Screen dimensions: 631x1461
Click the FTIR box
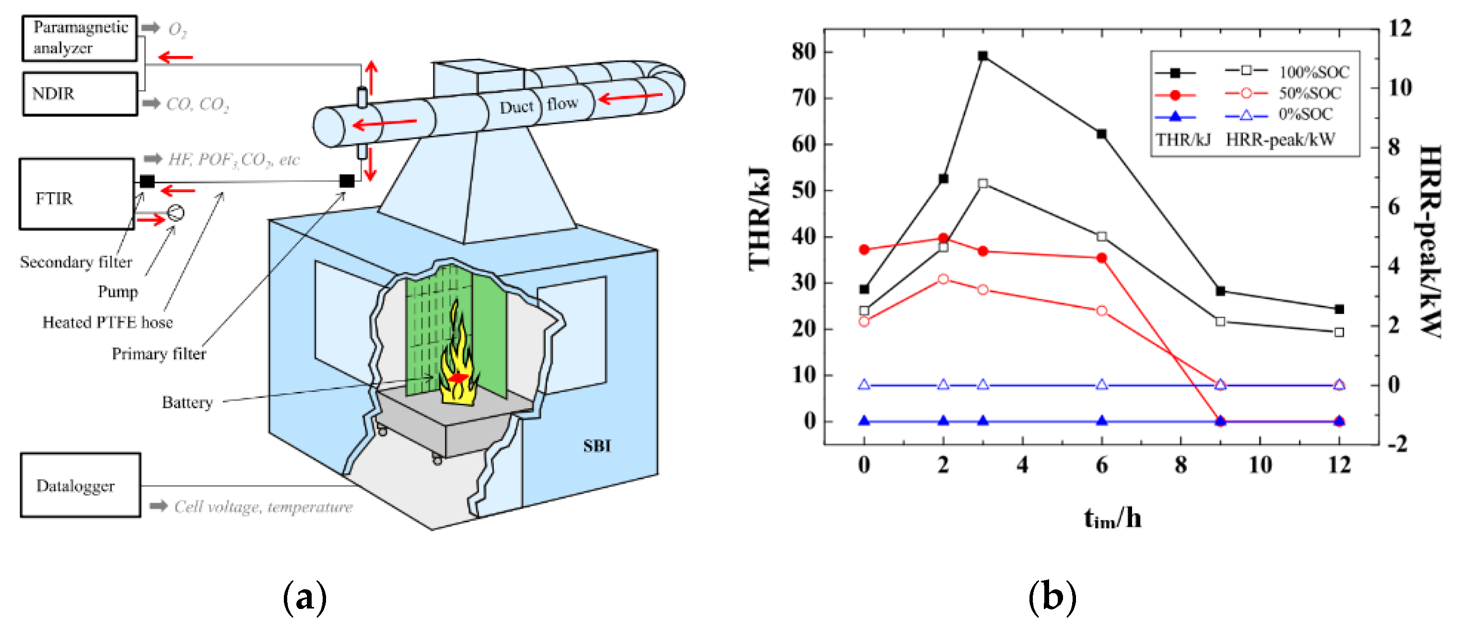(x=77, y=195)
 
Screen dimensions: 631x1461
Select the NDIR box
(x=80, y=93)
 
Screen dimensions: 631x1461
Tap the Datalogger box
(x=80, y=485)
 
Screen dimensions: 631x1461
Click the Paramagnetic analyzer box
(x=80, y=38)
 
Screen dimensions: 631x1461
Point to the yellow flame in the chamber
(x=457, y=357)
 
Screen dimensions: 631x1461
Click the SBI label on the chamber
(x=596, y=446)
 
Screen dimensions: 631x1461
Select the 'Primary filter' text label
(x=159, y=354)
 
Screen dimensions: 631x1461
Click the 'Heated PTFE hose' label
(x=107, y=322)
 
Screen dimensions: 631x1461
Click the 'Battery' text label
(x=187, y=402)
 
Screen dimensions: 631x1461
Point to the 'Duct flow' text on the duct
(x=538, y=105)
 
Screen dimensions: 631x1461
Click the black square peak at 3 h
(x=983, y=56)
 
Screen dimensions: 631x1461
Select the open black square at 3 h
(x=983, y=183)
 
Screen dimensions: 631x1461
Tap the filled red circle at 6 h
(x=1101, y=258)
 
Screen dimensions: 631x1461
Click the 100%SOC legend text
(x=1313, y=72)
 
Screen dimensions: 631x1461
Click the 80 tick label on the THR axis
(x=804, y=52)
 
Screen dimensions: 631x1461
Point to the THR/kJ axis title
(x=760, y=218)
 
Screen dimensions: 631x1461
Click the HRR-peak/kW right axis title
(x=1430, y=241)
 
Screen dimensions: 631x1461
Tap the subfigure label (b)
(x=1052, y=597)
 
